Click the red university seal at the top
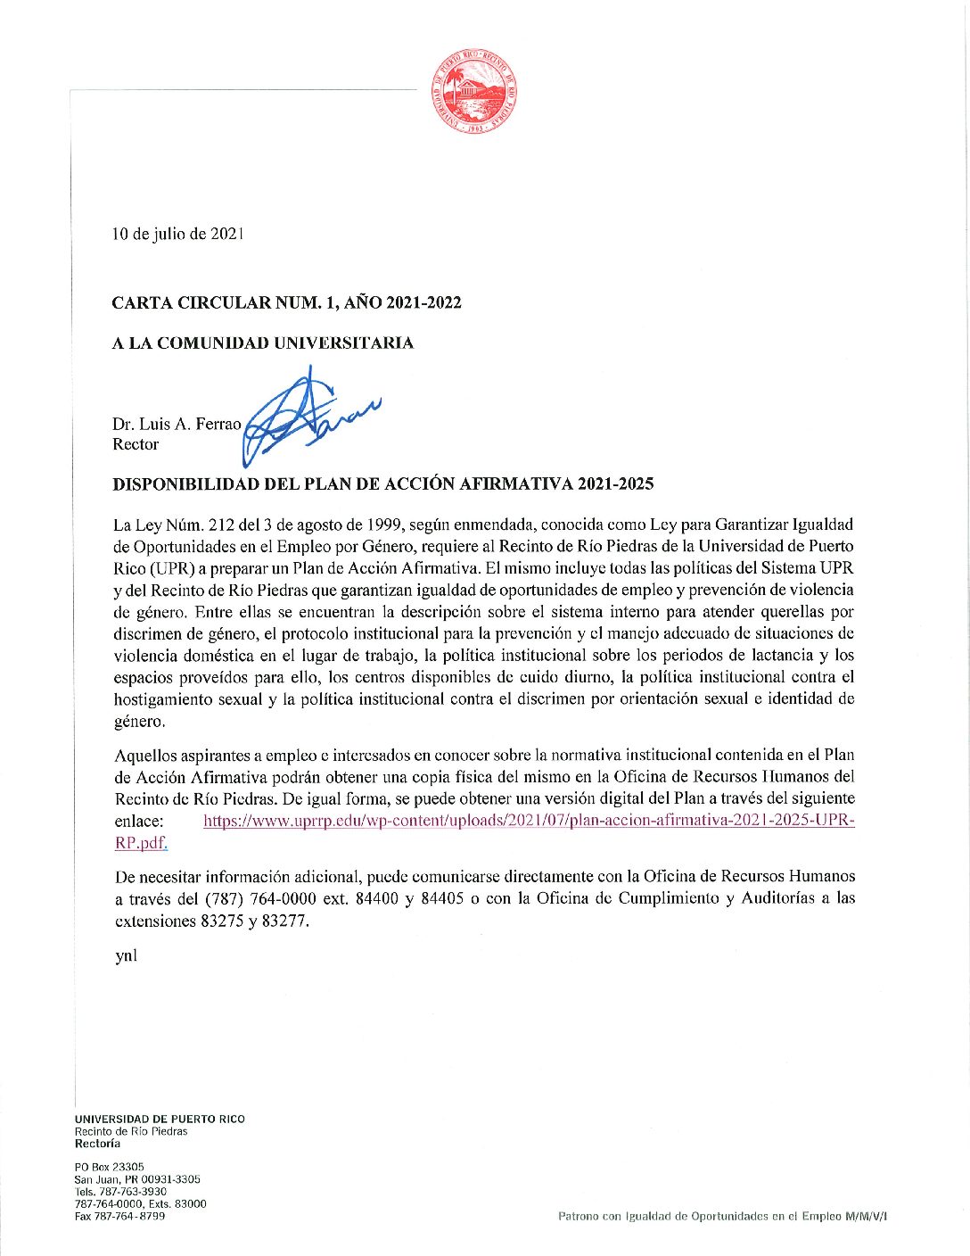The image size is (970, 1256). [475, 90]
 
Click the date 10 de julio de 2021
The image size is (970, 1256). [177, 234]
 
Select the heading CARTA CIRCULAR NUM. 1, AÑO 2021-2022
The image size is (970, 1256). [286, 302]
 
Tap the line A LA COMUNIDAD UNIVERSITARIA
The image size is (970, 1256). [262, 343]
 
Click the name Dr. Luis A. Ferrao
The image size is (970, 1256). [177, 424]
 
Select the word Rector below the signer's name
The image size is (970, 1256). [136, 444]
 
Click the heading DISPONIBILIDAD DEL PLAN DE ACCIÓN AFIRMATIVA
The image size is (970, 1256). [382, 484]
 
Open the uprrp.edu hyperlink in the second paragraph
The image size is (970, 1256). [529, 820]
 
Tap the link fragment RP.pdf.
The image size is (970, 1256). [141, 842]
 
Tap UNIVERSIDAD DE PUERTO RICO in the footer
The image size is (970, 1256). [160, 1119]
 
